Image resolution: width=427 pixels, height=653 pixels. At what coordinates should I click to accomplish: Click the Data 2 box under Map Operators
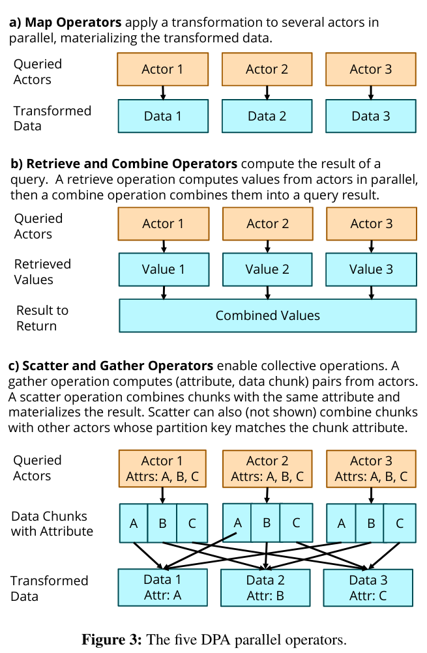coord(267,116)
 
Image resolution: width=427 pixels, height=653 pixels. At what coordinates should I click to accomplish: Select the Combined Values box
coord(268,315)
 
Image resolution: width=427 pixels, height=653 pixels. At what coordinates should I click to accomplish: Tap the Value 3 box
coord(371,269)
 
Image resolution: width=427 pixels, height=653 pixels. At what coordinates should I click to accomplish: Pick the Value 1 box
coord(164,269)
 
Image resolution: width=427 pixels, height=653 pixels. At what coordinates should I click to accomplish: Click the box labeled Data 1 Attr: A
coord(162,587)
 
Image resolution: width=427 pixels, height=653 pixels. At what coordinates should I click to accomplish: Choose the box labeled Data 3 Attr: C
coord(368,588)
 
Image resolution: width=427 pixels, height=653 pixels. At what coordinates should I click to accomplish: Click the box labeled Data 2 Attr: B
coord(265,588)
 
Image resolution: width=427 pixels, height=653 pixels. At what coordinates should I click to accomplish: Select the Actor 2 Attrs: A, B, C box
coord(267,469)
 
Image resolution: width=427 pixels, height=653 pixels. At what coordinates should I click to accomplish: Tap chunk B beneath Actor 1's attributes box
coord(162,523)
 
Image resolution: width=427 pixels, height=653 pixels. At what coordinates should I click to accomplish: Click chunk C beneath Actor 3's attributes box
coord(400,523)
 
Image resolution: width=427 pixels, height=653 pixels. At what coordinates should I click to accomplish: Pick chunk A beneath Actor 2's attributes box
coord(237,523)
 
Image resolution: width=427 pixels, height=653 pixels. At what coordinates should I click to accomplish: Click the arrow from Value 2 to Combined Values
coord(267,293)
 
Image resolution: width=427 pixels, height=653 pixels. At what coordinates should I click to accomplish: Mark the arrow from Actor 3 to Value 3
coord(371,246)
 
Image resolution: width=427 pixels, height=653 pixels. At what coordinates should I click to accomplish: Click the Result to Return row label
coord(42,318)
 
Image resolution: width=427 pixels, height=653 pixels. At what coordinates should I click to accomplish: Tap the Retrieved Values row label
coord(42,272)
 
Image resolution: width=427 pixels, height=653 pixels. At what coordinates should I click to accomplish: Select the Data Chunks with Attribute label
coord(52,523)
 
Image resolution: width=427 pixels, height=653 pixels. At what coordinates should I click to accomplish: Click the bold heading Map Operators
coord(73,22)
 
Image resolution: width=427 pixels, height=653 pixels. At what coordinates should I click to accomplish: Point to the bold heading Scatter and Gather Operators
coord(117,366)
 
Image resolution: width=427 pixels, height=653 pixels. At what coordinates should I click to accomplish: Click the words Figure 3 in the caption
coord(112,640)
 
